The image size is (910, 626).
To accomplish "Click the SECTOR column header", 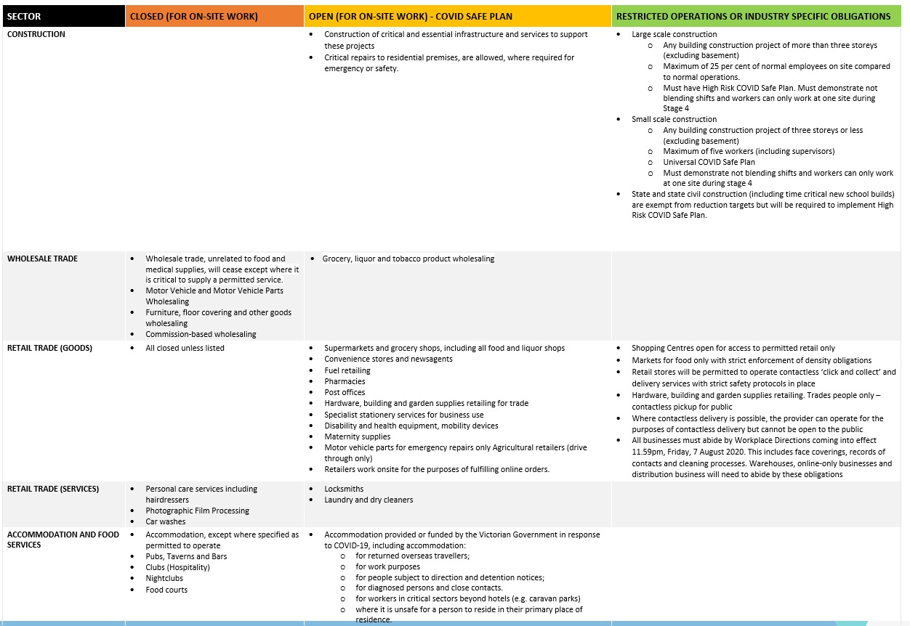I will click(x=24, y=16).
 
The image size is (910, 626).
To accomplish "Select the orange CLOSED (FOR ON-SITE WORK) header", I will click(x=194, y=16).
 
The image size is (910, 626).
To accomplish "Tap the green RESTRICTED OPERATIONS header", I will click(x=753, y=16).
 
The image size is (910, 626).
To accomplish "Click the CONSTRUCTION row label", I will click(x=36, y=34).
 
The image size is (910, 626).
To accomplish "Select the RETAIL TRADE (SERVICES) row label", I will click(x=53, y=489).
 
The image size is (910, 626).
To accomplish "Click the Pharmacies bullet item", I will click(x=345, y=381).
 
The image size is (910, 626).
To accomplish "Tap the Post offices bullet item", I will click(x=345, y=392).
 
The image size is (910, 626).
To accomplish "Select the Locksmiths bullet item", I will click(x=345, y=489).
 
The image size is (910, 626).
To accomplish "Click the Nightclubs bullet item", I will click(x=164, y=578).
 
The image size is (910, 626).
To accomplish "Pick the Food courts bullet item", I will click(x=166, y=590).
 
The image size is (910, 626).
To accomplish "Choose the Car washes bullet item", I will click(x=166, y=521).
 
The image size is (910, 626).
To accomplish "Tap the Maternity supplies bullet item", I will click(x=358, y=436).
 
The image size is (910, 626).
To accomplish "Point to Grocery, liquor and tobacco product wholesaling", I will click(x=408, y=259).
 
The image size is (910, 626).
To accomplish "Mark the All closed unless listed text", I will click(x=185, y=348).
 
